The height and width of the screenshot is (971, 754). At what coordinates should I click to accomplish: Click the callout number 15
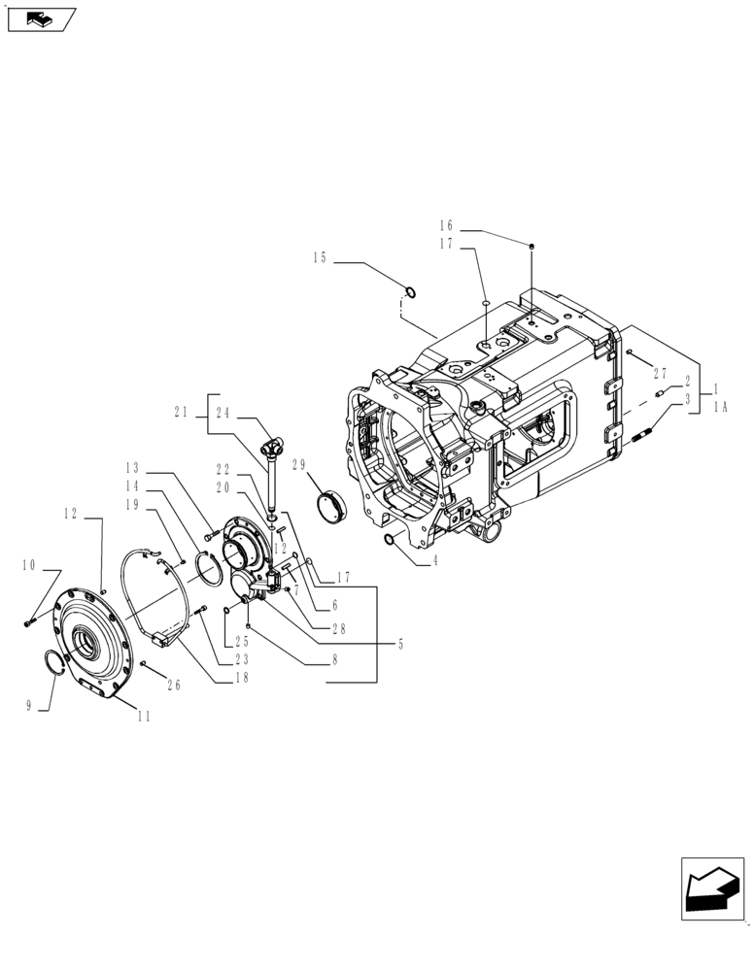pyautogui.click(x=321, y=258)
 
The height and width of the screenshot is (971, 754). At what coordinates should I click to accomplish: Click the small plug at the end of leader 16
pyautogui.click(x=531, y=247)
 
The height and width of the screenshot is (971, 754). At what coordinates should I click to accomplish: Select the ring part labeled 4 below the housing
pyautogui.click(x=390, y=539)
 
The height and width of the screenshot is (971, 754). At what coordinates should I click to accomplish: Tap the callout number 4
pyautogui.click(x=434, y=560)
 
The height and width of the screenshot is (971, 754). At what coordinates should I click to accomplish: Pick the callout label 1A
pyautogui.click(x=720, y=409)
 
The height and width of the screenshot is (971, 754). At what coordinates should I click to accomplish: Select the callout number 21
pyautogui.click(x=181, y=412)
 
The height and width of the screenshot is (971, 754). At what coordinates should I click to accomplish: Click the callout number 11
pyautogui.click(x=144, y=718)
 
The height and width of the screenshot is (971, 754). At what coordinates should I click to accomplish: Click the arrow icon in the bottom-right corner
pyautogui.click(x=711, y=887)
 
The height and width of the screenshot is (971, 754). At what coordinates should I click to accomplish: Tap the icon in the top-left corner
pyautogui.click(x=40, y=17)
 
